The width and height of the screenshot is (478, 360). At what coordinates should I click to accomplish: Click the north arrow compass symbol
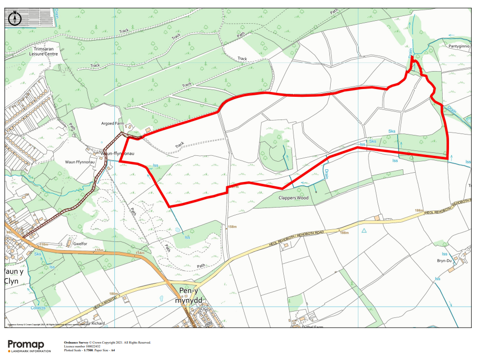(15, 18)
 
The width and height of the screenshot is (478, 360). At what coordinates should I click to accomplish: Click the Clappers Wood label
(293, 198)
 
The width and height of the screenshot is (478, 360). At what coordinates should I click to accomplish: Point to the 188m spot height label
(344, 233)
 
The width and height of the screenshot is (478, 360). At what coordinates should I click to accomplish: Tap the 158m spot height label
(232, 226)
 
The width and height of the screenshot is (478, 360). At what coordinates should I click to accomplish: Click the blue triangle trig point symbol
(364, 231)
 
